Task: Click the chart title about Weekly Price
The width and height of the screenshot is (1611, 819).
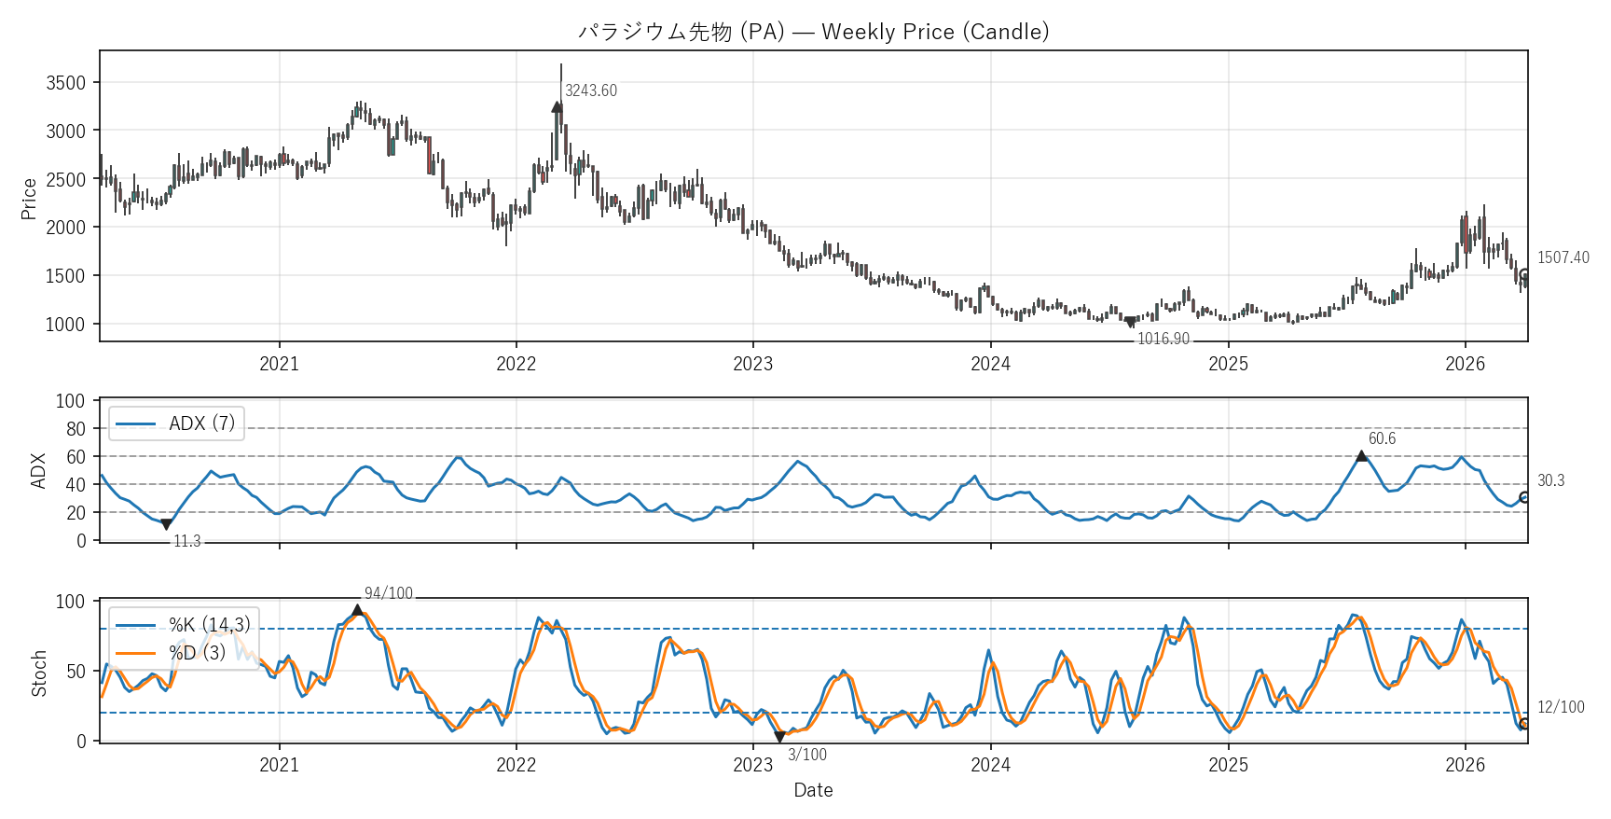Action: (813, 32)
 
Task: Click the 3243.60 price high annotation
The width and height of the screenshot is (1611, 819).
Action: (591, 90)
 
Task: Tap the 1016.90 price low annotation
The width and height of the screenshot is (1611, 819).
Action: (1163, 339)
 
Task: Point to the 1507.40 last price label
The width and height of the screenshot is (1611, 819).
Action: (1563, 257)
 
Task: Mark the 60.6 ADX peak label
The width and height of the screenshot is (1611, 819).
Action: (1382, 438)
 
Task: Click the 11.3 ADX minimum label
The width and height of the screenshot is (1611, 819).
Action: (186, 541)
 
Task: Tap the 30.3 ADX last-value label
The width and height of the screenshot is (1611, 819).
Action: (1550, 480)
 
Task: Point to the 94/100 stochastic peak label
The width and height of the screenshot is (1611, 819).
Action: (388, 593)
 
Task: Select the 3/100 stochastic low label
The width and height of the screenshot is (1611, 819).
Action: (807, 755)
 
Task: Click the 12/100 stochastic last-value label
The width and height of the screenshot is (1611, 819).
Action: (1561, 707)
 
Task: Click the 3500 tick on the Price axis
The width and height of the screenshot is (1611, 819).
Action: (65, 83)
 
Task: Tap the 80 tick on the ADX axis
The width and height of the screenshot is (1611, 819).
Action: (76, 429)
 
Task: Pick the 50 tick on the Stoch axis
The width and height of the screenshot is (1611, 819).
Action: (76, 672)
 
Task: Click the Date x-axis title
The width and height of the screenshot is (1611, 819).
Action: (813, 790)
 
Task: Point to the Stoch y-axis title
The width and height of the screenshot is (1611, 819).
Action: (39, 673)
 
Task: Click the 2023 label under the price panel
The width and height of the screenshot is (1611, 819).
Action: (752, 364)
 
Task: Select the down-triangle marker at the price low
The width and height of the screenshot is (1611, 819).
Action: (1131, 323)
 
